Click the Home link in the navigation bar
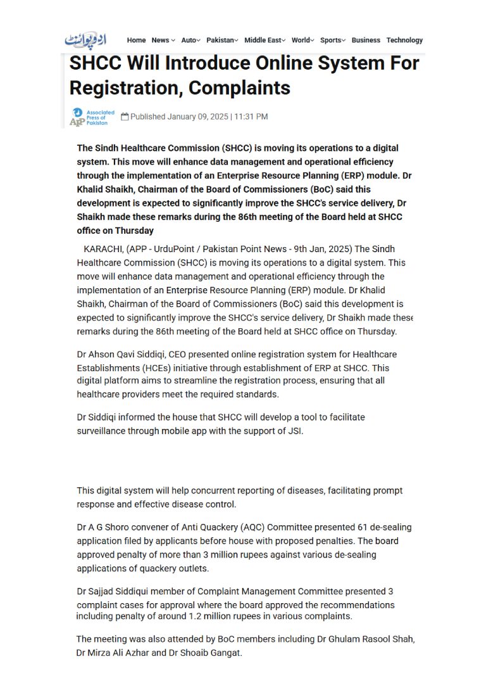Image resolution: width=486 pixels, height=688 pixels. coord(136,40)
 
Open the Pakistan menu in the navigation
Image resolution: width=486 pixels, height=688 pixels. coord(221,40)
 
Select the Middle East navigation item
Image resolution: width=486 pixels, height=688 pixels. coord(264,40)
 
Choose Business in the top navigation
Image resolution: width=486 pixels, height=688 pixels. coord(366,40)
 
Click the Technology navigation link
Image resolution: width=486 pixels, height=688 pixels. coord(404,40)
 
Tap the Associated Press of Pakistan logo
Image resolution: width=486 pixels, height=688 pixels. coord(92,117)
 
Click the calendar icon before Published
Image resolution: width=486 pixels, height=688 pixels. coord(125,117)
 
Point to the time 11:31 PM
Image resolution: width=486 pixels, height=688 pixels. coord(251,117)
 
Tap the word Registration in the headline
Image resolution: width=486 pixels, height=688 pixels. coord(122,87)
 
